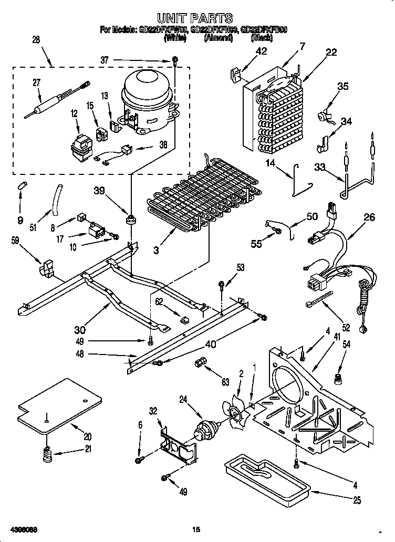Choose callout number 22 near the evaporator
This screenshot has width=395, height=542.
pyautogui.click(x=331, y=51)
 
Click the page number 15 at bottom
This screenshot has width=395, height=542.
pyautogui.click(x=196, y=529)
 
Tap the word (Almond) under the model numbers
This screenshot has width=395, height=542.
pyautogui.click(x=218, y=38)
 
